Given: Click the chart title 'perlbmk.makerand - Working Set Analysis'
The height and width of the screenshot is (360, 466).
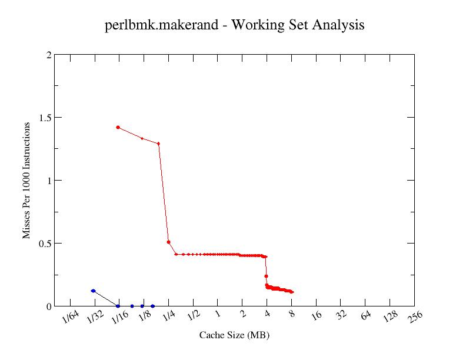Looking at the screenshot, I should tap(234, 25).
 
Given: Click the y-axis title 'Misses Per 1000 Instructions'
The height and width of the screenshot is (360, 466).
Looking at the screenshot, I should tap(26, 181).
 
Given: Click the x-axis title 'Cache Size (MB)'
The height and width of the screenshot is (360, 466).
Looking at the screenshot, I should tap(234, 335).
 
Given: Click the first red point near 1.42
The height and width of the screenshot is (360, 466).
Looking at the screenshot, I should tap(118, 127).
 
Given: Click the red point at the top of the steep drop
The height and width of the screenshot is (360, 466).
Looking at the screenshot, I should tap(159, 144).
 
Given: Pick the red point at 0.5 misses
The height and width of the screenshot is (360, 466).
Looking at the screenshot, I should tap(168, 242).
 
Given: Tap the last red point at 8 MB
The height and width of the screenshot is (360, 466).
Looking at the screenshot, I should tap(292, 292).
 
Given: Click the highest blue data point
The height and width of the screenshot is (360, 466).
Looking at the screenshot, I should tap(93, 291).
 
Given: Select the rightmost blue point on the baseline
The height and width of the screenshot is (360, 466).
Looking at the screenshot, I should tap(152, 306).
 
